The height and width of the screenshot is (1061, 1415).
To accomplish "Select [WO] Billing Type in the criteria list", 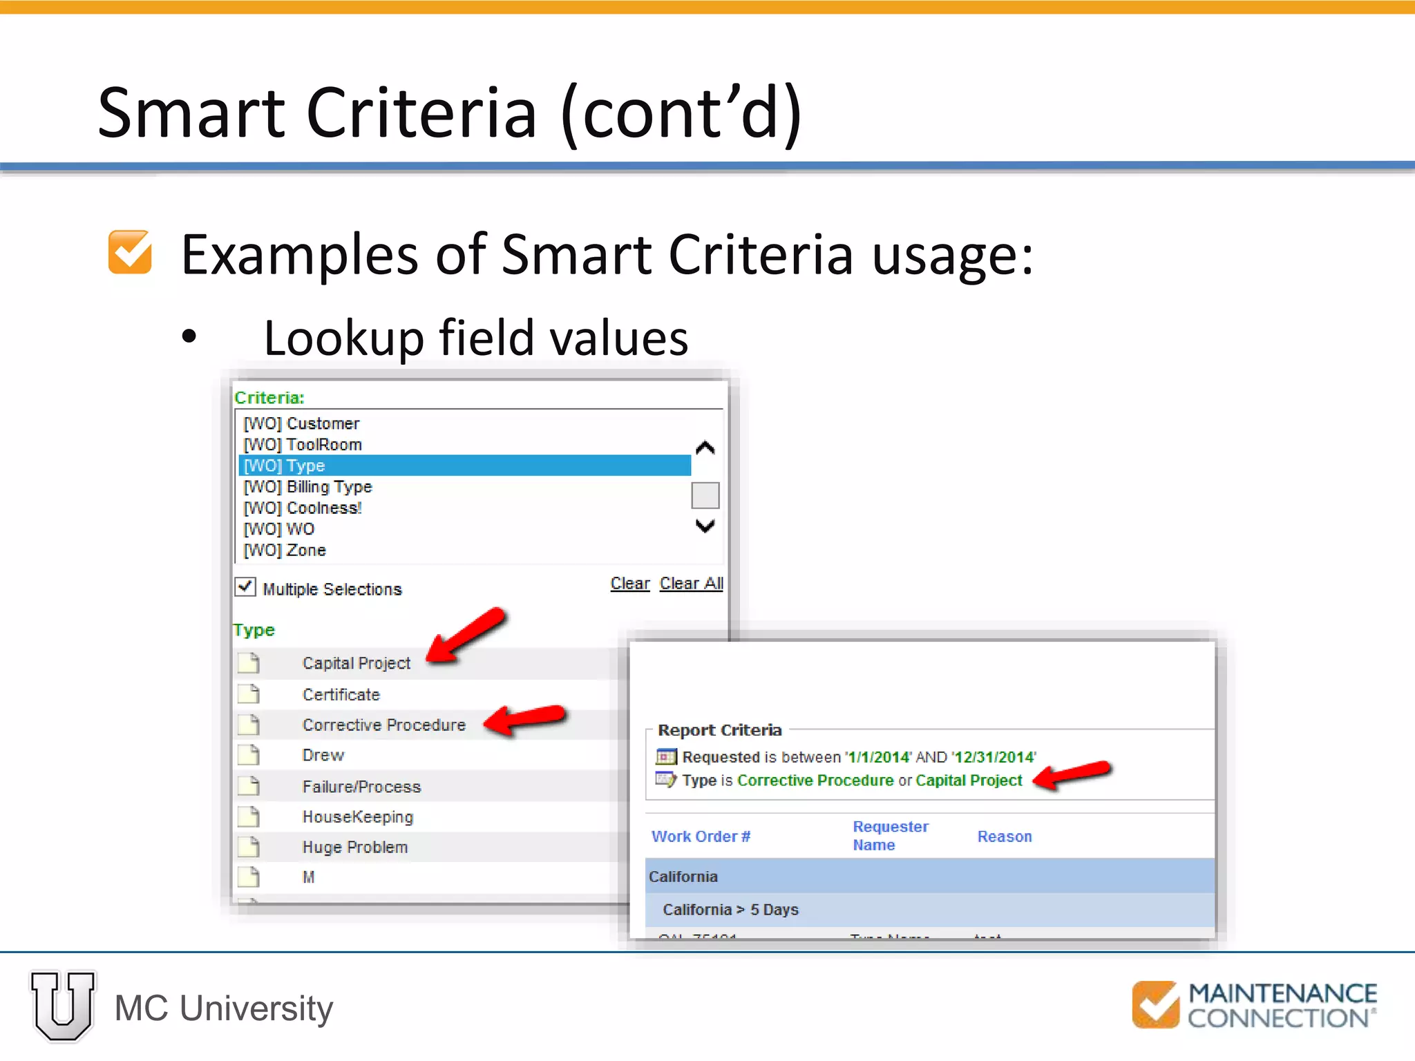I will (308, 487).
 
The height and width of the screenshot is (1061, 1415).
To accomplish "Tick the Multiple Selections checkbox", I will (245, 587).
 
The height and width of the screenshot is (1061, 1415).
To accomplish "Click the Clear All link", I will (691, 584).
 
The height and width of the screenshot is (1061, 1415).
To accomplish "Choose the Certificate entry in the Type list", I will (341, 694).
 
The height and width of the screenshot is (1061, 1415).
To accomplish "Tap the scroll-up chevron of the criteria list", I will (705, 448).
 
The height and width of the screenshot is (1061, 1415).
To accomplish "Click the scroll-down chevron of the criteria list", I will (705, 526).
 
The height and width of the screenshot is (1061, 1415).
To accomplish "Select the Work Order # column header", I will (701, 837).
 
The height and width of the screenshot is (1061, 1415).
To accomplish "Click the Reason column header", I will (1005, 837).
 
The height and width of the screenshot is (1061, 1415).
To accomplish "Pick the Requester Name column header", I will (890, 836).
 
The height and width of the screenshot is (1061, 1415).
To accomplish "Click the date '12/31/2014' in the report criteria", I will (994, 757).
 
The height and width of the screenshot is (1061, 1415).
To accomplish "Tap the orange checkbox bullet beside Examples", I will (130, 252).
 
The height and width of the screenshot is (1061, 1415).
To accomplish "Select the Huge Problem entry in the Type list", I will (355, 847).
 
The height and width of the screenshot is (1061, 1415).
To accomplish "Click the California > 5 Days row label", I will (730, 910).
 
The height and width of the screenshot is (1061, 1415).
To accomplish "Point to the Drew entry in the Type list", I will (323, 755).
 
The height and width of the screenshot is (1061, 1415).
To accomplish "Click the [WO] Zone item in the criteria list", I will (285, 551).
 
